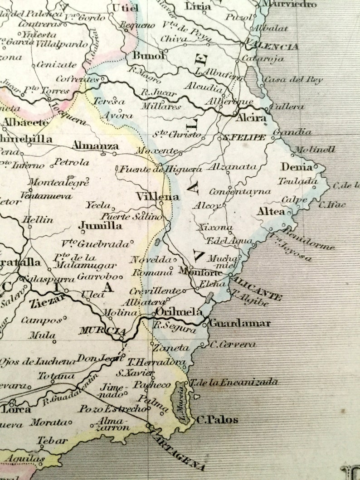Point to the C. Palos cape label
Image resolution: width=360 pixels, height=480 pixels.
click(x=217, y=420)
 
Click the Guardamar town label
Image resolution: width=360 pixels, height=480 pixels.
click(x=240, y=323)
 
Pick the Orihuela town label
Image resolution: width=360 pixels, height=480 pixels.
click(x=179, y=312)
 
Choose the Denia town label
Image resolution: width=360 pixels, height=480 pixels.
click(x=297, y=166)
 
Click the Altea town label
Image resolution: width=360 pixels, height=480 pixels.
click(x=271, y=211)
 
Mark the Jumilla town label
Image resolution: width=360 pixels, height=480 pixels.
click(x=100, y=225)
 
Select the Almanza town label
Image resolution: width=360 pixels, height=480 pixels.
click(x=95, y=146)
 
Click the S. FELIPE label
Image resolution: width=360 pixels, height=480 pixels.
click(x=243, y=137)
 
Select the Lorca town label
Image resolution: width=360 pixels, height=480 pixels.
click(x=17, y=409)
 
